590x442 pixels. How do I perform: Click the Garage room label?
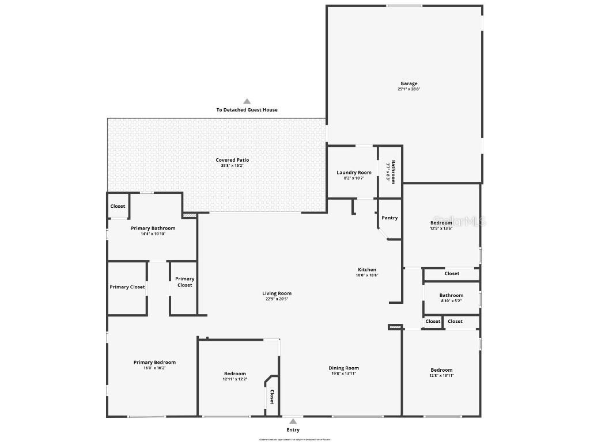pos(409,83)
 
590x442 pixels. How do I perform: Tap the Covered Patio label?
pos(232,160)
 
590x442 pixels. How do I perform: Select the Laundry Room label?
pos(354,173)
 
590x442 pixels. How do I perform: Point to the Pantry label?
pos(389,218)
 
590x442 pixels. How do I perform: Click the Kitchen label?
pos(367,269)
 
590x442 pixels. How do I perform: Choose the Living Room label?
pos(277,294)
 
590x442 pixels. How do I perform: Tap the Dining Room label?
pos(343,368)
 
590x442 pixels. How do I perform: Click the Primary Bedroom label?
pos(154,363)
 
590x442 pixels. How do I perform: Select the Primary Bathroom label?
pos(153,228)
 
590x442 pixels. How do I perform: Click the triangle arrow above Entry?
pos(293,421)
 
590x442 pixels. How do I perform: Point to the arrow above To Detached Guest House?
pos(247,101)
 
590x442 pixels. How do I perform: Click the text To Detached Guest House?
pos(247,110)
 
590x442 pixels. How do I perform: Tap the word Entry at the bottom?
pos(293,430)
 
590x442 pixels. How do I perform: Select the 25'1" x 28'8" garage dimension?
pos(409,89)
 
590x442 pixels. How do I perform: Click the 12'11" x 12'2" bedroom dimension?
pos(235,379)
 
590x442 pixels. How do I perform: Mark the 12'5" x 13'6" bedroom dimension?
pos(441,228)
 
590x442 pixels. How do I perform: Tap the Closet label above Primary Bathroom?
pos(118,206)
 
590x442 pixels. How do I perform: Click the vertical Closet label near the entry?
pos(272,397)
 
